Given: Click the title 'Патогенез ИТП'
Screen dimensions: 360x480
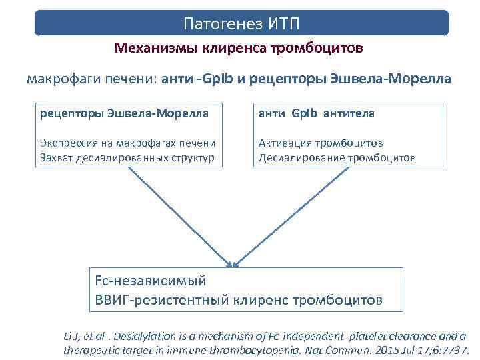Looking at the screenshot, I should click(x=241, y=24).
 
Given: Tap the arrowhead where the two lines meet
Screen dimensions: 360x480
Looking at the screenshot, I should click(x=231, y=264).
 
